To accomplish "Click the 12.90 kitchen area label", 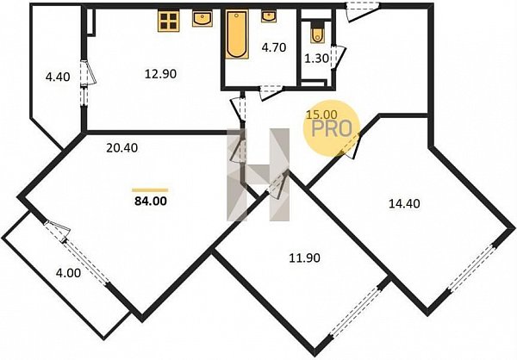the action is pos(160,74).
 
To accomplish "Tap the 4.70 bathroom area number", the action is pos(274,48).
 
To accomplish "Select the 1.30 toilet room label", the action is pos(316,59).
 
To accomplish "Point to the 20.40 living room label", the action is pos(122,148).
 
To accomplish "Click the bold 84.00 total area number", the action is pos(151,201).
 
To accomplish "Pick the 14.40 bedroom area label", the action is pos(405,204).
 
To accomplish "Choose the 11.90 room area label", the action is pos(304,258).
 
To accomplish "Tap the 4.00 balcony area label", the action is pos(68,273).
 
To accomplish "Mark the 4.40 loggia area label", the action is pos(58,78).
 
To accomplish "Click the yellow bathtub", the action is pos(237,34).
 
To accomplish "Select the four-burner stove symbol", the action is pos(169,21).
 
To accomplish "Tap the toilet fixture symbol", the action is pos(317,32).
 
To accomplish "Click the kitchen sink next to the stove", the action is pos(202,18).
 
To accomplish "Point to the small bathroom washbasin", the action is pos(269,16).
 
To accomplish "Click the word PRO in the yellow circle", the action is pos(332,129).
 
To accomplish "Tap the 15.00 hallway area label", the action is pos(321,115).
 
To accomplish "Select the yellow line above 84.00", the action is pos(150,190).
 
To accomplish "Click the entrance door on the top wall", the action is pos(363,12).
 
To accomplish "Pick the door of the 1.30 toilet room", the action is pos(338,58).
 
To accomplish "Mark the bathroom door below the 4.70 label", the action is pos(271,92).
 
